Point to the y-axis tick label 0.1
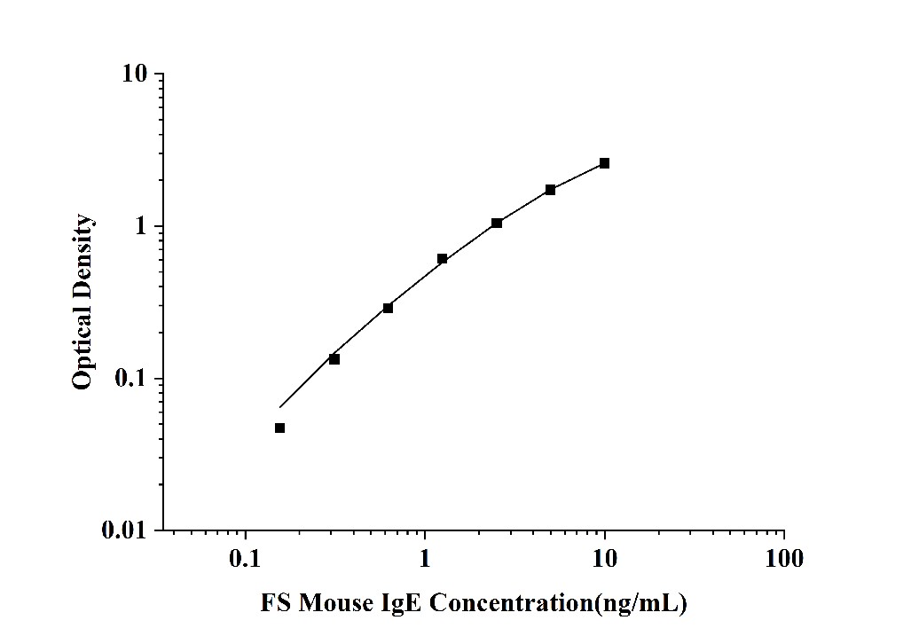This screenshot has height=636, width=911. pos(134,379)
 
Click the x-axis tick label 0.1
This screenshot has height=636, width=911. pos(245,559)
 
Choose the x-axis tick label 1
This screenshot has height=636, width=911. pos(425,559)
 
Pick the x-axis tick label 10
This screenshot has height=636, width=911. pos(605,559)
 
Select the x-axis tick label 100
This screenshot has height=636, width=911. pos(783,559)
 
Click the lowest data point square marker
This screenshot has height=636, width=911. pos(279,428)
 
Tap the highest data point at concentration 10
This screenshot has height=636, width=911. pos(605,163)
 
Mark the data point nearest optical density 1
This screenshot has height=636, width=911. pos(497,223)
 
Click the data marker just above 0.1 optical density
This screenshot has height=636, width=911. pos(334,359)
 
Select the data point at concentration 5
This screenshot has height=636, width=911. pos(551,190)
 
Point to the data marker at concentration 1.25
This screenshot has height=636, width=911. pos(443,259)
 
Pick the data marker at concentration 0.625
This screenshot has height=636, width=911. pos(388,308)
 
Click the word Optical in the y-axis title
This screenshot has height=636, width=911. pos(82,350)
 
